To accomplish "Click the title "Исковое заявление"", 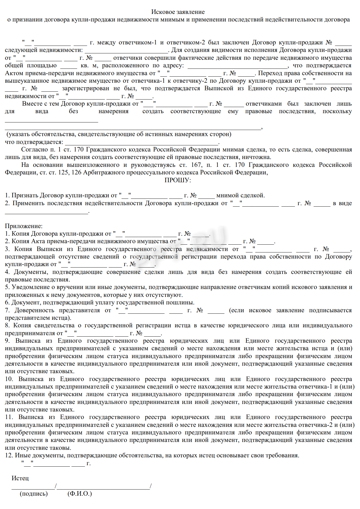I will (x=178, y=12).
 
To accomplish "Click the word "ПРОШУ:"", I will (x=178, y=180).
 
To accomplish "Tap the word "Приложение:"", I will (x=24, y=226).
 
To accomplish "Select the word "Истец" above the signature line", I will (x=20, y=478).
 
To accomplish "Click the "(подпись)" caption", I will (x=34, y=494).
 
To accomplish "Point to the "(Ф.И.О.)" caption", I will (x=80, y=494).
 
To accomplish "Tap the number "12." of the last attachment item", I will (x=9, y=455).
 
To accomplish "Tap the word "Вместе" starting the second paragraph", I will (x=31, y=104).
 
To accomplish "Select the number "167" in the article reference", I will (x=196, y=165).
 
